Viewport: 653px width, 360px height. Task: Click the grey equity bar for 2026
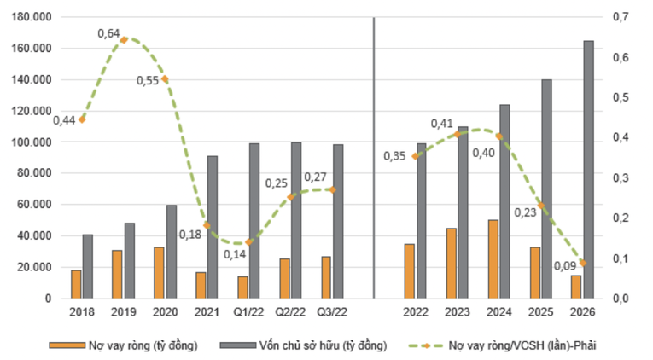click(588, 169)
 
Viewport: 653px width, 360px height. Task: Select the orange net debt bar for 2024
click(493, 258)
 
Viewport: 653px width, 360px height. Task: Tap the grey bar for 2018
click(88, 266)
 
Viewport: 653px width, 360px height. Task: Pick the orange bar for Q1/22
click(242, 287)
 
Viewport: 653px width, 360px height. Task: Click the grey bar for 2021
click(213, 227)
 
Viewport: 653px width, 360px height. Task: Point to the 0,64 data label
click(108, 33)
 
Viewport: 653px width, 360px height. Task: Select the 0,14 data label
click(235, 254)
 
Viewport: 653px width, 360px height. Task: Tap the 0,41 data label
click(441, 124)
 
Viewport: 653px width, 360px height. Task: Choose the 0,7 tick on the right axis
click(621, 17)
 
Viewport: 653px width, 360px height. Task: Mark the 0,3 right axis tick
click(621, 177)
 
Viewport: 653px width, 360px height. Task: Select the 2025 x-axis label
click(540, 314)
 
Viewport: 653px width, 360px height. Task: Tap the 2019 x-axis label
click(123, 314)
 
